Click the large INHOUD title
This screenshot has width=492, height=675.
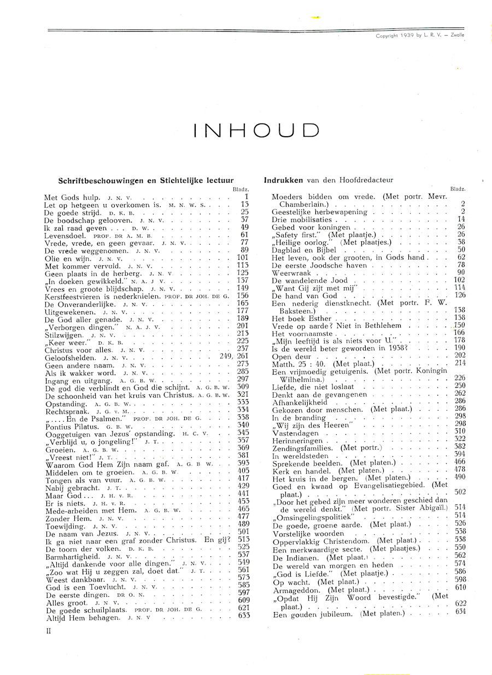tap(256, 130)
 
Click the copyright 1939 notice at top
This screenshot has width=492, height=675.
tap(420, 36)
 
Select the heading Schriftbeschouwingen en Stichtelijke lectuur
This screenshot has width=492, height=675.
tap(146, 179)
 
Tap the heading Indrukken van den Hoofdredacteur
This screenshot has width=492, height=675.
tap(328, 179)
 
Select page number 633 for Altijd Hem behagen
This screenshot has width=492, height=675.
tap(243, 616)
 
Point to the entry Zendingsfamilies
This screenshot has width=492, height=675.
tap(301, 447)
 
